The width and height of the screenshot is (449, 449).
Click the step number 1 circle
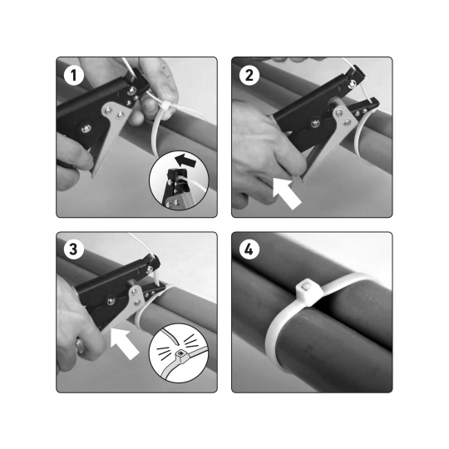(x=74, y=76)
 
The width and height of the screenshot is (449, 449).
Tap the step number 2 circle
(x=249, y=76)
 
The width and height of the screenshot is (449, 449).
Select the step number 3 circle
(x=74, y=249)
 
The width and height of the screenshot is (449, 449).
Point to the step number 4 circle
(x=249, y=249)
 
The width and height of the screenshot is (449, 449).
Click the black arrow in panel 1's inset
(x=186, y=160)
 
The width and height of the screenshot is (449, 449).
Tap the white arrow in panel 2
(x=286, y=193)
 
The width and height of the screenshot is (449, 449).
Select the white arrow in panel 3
(x=124, y=343)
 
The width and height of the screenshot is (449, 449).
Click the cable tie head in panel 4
(x=309, y=292)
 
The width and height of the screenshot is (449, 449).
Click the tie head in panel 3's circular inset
(x=180, y=355)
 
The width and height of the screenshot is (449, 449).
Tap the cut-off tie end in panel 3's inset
(x=170, y=337)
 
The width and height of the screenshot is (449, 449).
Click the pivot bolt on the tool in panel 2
(x=315, y=123)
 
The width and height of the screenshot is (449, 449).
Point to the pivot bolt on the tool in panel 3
(x=111, y=301)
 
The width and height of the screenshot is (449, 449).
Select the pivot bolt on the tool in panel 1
(x=86, y=128)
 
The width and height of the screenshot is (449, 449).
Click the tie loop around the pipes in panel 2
(x=358, y=135)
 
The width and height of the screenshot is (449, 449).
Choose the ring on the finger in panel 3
(x=80, y=346)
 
